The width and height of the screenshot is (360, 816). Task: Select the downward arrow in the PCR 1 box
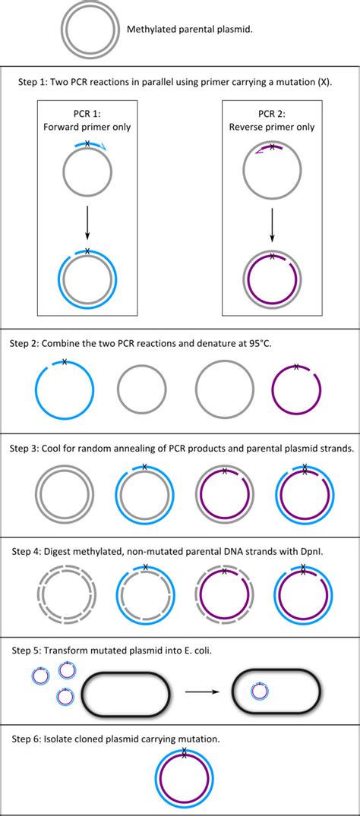click(88, 220)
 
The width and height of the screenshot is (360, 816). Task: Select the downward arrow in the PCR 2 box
click(272, 220)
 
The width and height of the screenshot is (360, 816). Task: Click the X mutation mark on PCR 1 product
click(87, 250)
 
